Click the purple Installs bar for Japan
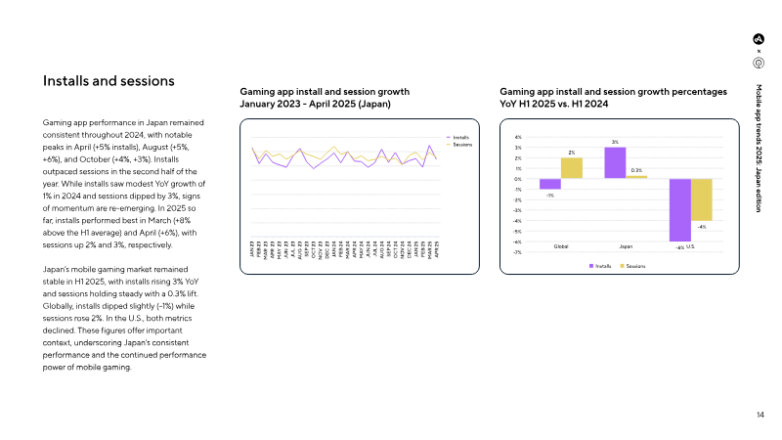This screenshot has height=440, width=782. tap(615, 163)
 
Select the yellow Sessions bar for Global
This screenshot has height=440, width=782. tap(571, 168)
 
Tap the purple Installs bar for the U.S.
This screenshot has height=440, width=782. tap(679, 209)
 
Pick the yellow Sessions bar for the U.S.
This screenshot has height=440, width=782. tap(701, 199)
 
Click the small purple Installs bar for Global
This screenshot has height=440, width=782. tap(549, 184)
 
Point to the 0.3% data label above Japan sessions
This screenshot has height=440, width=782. tap(636, 170)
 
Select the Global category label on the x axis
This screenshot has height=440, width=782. tap(560, 245)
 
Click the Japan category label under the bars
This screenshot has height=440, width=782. tap(626, 245)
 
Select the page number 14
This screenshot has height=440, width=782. tap(760, 416)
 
